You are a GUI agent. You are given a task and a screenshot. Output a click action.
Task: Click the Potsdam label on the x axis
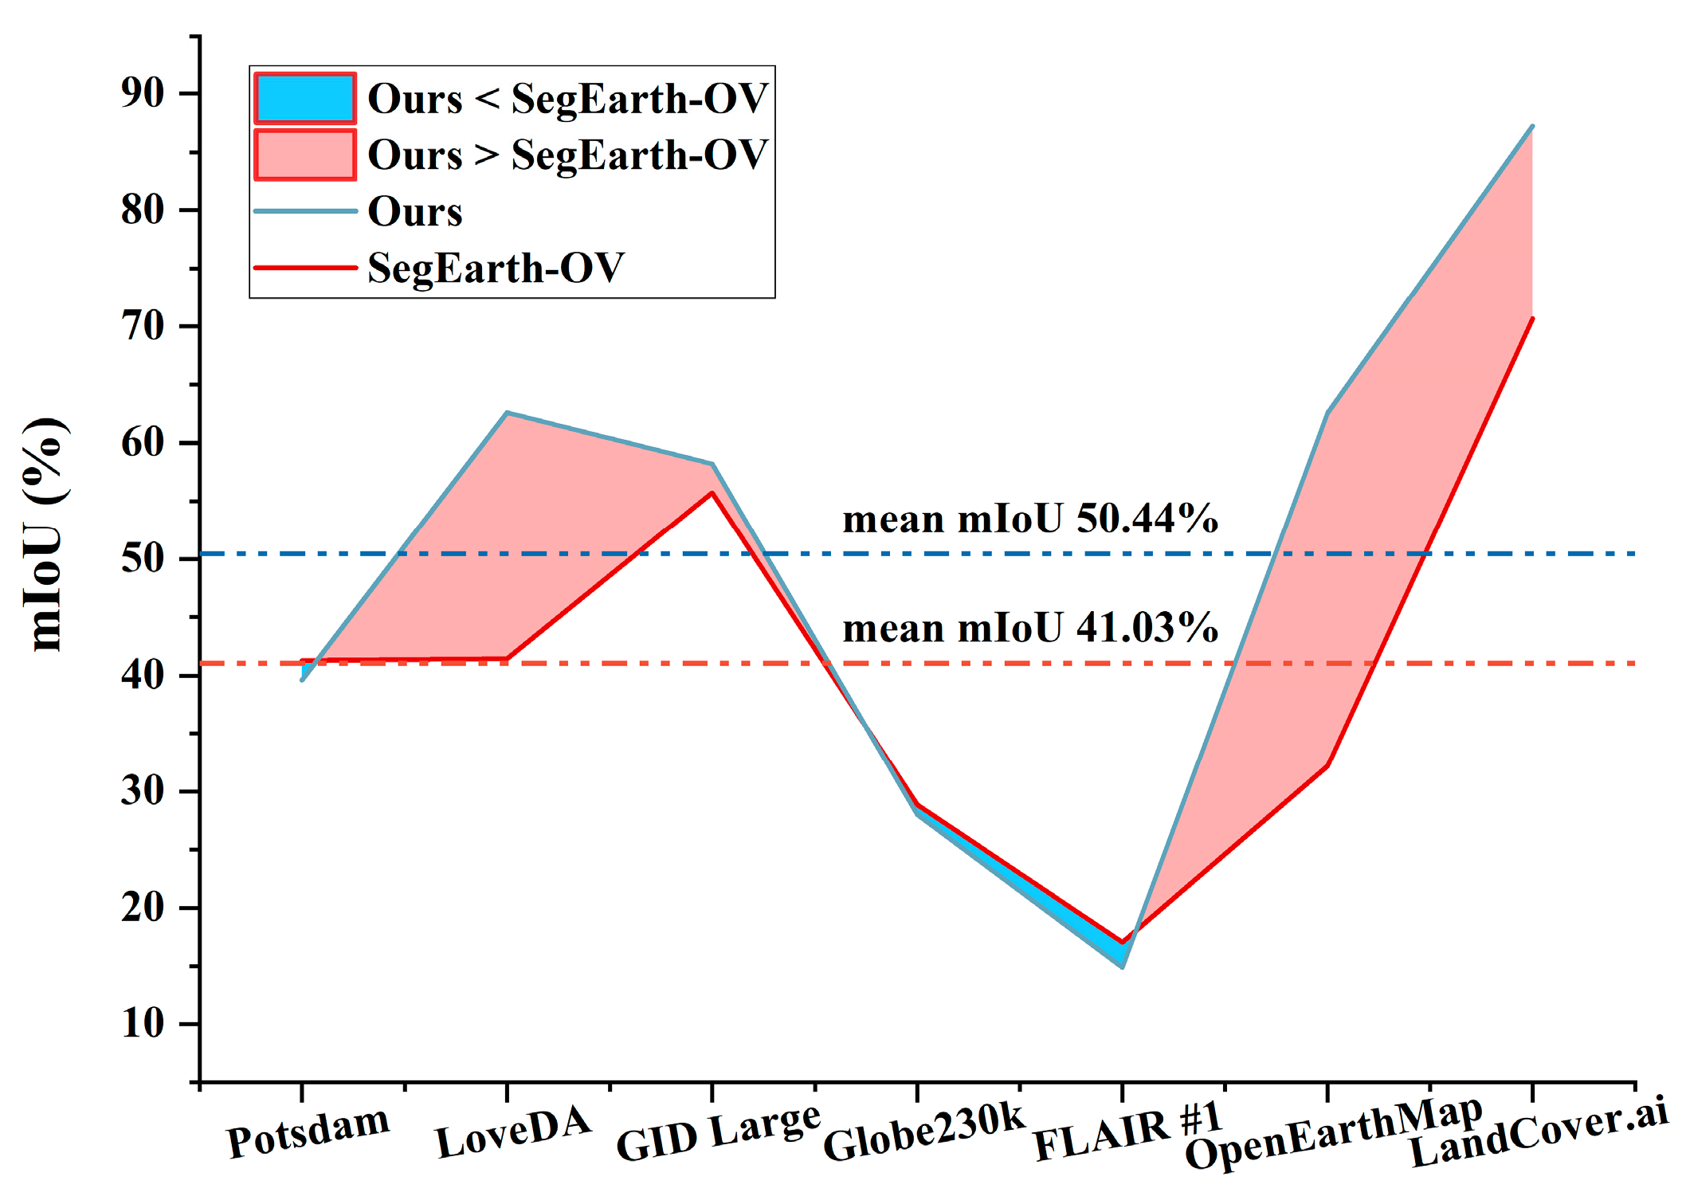point(308,1132)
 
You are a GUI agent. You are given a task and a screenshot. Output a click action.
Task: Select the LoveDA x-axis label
point(513,1132)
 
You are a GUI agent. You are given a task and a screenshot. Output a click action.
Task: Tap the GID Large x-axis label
point(718,1132)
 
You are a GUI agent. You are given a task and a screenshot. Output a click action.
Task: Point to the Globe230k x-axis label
point(923,1132)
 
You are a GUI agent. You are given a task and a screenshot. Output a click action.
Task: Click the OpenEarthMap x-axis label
point(1333,1132)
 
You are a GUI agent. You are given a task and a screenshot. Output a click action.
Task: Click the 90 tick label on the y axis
point(143,93)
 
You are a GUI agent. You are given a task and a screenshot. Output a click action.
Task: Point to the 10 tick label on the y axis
point(143,1024)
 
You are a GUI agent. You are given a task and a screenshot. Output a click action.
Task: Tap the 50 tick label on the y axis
point(143,559)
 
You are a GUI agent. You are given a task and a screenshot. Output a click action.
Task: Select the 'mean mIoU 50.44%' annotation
point(1030,520)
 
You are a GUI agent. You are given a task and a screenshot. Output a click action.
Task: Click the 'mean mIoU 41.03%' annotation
point(1030,629)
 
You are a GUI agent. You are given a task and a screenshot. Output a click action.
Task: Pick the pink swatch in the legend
point(305,155)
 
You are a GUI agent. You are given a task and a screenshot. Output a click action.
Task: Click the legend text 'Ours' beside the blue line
point(414,212)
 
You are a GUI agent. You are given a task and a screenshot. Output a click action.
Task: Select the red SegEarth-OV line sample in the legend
point(305,268)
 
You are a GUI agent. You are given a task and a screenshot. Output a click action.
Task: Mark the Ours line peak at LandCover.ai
point(1532,127)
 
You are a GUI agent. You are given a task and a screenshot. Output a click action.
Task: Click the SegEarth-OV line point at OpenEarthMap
point(1327,766)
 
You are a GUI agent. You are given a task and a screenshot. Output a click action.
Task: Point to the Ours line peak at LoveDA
point(508,413)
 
